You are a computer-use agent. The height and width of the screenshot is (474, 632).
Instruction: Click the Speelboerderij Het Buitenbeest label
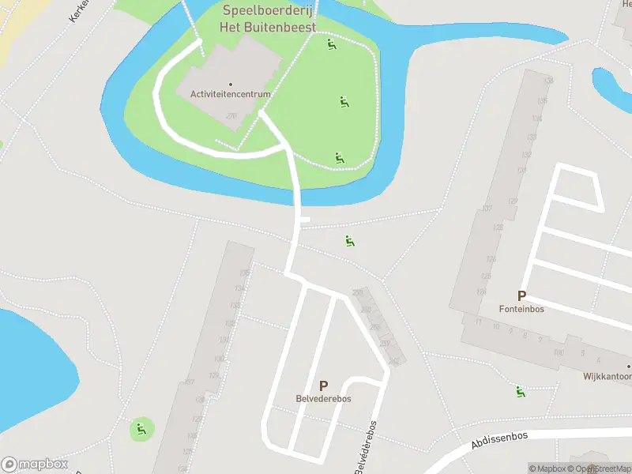click(269, 18)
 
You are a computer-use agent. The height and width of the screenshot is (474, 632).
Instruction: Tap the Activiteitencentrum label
click(231, 94)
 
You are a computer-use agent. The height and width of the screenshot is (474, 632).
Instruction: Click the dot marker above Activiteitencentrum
click(231, 84)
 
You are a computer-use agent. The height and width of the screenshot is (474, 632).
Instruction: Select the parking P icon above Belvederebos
click(323, 386)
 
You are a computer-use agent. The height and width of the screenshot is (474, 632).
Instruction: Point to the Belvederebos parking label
click(323, 399)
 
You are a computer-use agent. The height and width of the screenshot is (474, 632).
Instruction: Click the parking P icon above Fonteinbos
click(521, 295)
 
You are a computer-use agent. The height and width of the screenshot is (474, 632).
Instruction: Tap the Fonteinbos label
click(521, 309)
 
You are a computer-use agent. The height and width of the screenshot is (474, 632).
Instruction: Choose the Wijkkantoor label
click(608, 377)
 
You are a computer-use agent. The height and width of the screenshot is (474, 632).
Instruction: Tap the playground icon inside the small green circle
click(141, 429)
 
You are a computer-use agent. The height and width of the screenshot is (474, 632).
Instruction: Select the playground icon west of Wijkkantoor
click(520, 391)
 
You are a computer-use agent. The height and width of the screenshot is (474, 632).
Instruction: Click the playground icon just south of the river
click(349, 240)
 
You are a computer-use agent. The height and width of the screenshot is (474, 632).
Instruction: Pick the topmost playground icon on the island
click(332, 44)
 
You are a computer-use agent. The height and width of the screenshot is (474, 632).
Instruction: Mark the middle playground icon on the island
click(344, 102)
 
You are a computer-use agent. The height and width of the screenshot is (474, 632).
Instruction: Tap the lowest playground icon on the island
click(339, 157)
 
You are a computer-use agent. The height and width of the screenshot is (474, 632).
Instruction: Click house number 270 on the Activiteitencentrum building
click(231, 116)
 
